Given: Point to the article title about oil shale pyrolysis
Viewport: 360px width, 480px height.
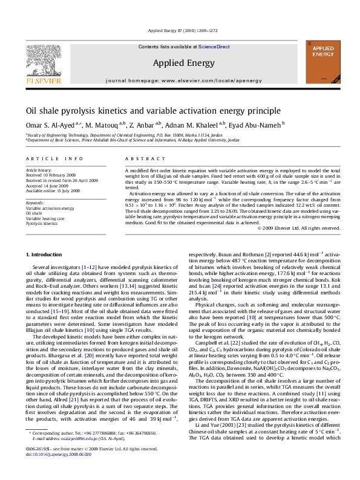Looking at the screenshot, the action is pyautogui.click(x=144, y=111).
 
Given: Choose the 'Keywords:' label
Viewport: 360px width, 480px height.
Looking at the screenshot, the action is pyautogui.click(x=35, y=202).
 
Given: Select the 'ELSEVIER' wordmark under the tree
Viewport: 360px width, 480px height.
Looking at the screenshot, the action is pyautogui.click(x=42, y=80).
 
